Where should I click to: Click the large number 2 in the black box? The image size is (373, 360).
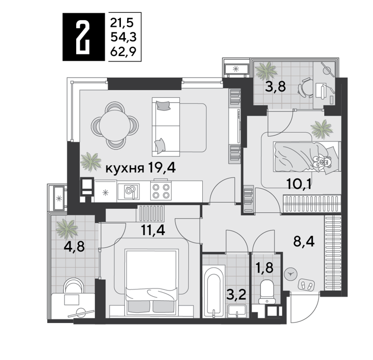[x=83, y=37]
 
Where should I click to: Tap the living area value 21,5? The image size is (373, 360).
[x=122, y=23]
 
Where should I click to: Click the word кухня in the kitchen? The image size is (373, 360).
[x=125, y=169]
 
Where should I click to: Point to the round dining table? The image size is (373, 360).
[x=115, y=124]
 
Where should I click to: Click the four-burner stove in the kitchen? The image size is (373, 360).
[x=161, y=191]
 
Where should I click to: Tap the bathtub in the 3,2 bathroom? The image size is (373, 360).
[x=214, y=291]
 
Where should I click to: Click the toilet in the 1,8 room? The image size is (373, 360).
[x=267, y=292]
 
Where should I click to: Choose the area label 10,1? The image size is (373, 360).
[x=299, y=184]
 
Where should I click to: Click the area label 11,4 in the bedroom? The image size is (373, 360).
[x=153, y=230]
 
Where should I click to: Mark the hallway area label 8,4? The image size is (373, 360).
[x=304, y=242]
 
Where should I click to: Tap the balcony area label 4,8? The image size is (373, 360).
[x=74, y=247]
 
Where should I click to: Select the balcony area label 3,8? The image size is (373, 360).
[x=275, y=87]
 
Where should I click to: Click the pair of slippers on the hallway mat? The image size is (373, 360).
[x=307, y=284]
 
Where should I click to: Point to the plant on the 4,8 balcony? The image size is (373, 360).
[x=66, y=228]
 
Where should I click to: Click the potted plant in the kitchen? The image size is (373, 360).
[x=91, y=161]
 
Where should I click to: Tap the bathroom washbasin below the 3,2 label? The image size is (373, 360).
[x=237, y=311]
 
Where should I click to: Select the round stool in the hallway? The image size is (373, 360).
[x=290, y=274]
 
